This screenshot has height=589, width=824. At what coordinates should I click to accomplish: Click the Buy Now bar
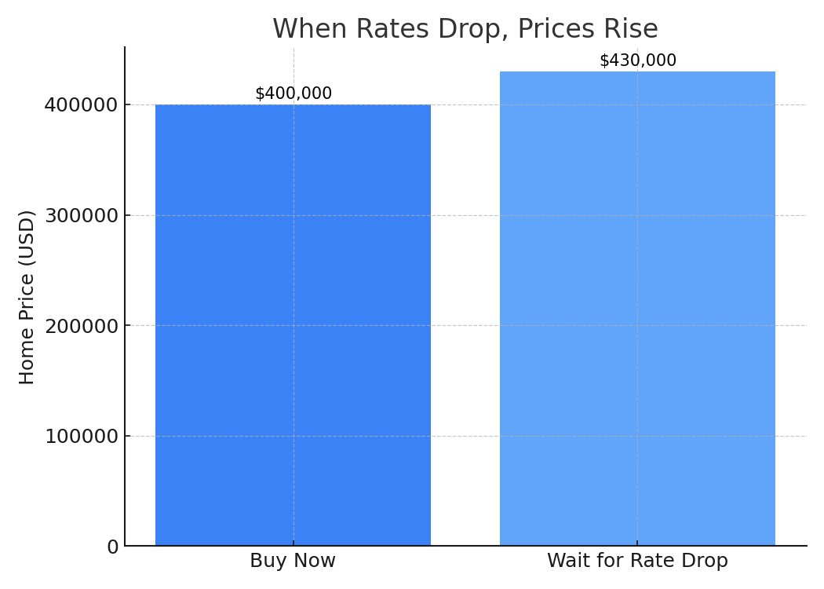[x=293, y=324]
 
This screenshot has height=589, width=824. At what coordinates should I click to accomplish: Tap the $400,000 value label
[x=294, y=93]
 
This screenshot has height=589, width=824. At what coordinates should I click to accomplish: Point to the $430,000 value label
[x=637, y=60]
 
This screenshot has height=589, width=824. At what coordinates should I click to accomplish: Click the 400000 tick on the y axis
[x=81, y=105]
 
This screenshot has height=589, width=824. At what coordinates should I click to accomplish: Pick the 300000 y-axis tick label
[x=81, y=216]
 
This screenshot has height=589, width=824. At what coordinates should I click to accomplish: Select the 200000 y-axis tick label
[x=81, y=326]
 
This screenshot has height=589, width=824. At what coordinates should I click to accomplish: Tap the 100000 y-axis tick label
[x=81, y=437]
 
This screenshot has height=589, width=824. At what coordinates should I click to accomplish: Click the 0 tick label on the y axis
[x=112, y=547]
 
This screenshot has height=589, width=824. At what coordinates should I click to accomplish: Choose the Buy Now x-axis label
[x=293, y=562]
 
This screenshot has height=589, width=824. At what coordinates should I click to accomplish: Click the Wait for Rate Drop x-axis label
[x=637, y=562]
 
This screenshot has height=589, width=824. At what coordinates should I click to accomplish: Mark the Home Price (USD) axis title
[x=27, y=297]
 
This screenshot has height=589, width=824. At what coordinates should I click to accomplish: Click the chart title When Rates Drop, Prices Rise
[x=465, y=29]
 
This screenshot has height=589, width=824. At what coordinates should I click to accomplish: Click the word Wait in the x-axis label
[x=567, y=562]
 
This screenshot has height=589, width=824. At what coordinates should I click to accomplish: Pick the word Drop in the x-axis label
[x=707, y=562]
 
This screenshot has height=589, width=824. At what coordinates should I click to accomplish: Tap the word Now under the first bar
[x=315, y=562]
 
